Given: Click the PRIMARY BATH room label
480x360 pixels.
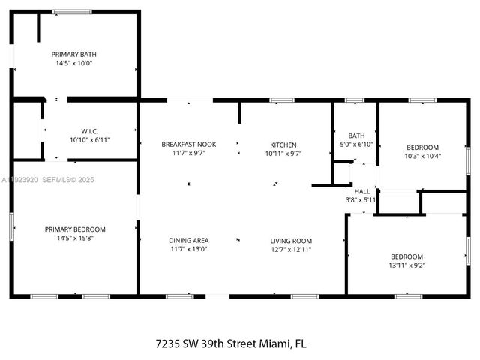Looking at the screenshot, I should [x=73, y=54].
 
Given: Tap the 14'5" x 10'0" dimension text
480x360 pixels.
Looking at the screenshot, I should [x=73, y=64].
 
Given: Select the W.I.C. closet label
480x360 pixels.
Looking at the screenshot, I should [x=89, y=130].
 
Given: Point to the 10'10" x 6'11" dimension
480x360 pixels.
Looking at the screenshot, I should [x=89, y=140].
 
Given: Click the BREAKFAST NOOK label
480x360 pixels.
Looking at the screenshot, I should [x=188, y=145].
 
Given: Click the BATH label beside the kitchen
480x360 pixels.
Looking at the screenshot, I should [x=355, y=135].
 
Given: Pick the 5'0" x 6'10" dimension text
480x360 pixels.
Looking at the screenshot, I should [x=355, y=144].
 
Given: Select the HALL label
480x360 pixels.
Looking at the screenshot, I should [x=362, y=191].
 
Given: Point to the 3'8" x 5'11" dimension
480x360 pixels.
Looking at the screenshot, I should [x=362, y=199].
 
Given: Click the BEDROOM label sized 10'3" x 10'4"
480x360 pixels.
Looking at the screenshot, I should [x=422, y=147].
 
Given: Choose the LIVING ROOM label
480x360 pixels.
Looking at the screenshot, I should [x=291, y=241].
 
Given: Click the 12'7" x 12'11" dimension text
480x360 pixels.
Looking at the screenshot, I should [x=291, y=250].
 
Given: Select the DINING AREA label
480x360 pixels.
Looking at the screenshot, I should [x=188, y=241].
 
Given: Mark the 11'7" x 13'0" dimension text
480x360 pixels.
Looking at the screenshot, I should [x=188, y=250].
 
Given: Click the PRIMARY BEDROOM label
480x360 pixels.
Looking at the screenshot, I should [x=75, y=229].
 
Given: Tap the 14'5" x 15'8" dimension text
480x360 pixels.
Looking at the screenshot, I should [x=75, y=238].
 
